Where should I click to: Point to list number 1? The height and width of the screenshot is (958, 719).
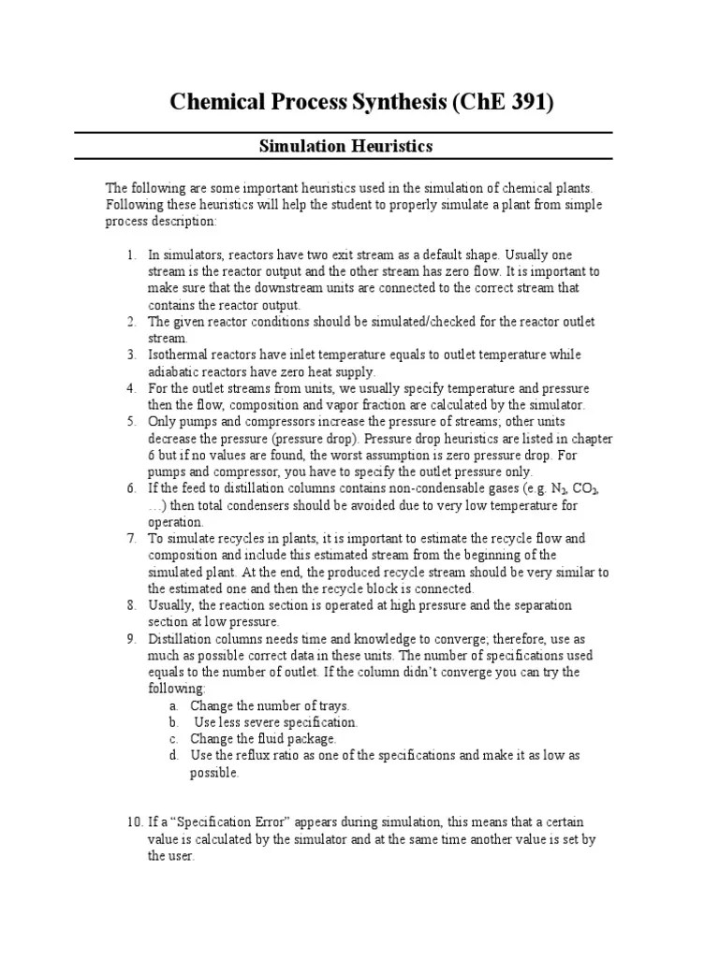(131, 254)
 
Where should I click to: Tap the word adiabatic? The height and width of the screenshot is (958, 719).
(176, 372)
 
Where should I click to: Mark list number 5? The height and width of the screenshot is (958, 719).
(131, 422)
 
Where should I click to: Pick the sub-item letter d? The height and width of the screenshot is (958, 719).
(174, 755)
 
